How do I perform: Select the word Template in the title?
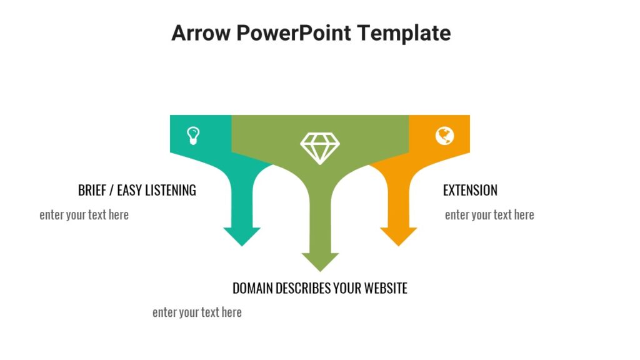pos(404,32)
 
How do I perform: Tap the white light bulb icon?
pos(194,135)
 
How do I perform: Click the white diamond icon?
pos(320,147)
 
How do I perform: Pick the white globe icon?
pos(444,136)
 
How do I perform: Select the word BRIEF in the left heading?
pos(92,190)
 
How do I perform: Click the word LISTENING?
pos(170,190)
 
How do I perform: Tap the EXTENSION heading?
pos(470,190)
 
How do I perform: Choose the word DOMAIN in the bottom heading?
pos(252,288)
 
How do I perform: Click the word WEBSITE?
pos(386,288)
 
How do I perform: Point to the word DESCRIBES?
pos(302,288)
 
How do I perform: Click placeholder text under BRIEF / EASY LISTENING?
pos(84,215)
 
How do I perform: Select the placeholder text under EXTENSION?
pos(489,215)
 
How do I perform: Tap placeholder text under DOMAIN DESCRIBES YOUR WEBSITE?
pos(197,312)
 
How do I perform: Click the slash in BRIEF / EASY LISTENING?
pos(112,190)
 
